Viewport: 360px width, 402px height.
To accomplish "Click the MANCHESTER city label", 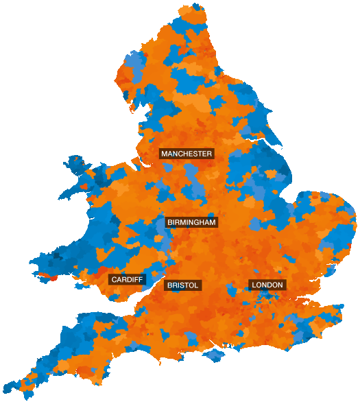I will click(187, 154).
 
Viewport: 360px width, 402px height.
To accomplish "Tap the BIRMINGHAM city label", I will click(191, 222).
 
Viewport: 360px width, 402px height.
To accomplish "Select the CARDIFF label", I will click(127, 280).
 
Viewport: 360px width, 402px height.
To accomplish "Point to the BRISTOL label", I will click(182, 285).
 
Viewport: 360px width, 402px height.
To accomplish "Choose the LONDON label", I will click(267, 285).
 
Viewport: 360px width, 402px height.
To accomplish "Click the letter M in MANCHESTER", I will click(165, 154).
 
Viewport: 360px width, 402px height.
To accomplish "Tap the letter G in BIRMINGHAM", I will click(195, 222).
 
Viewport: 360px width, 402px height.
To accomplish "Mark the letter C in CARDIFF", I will click(114, 280).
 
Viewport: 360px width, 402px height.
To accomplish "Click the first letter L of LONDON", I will click(254, 285).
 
